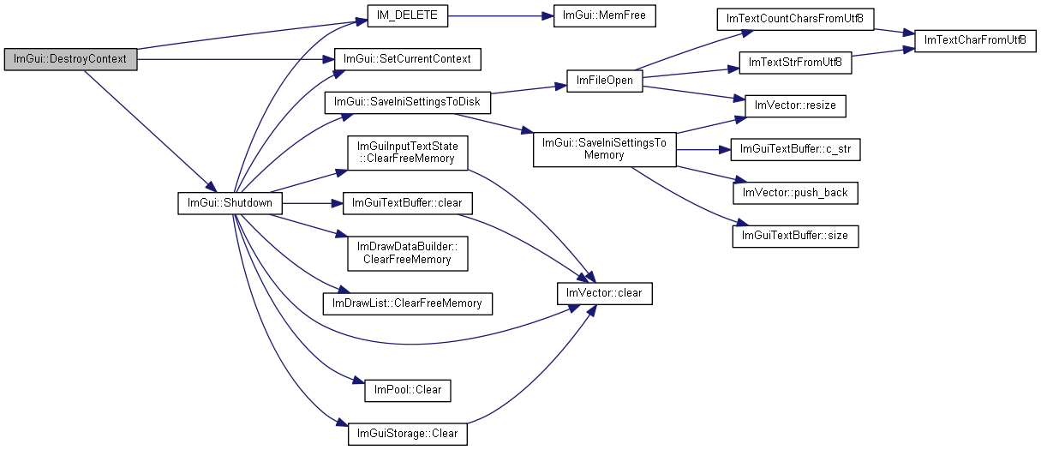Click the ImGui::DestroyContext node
point(70,60)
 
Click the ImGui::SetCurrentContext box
point(407,59)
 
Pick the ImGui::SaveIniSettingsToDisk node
point(407,103)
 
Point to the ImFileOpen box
point(604,81)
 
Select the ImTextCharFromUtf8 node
point(975,40)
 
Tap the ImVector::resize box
point(795,106)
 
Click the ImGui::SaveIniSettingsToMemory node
point(604,149)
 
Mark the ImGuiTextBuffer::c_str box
point(795,150)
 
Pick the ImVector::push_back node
point(795,193)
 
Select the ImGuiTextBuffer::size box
point(795,236)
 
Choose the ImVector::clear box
point(604,293)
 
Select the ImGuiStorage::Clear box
point(407,434)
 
